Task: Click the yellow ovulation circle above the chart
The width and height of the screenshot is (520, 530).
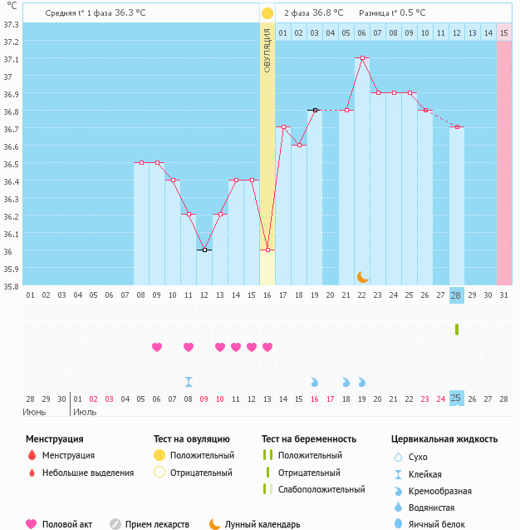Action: pyautogui.click(x=267, y=13)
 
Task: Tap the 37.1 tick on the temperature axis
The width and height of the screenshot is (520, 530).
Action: pyautogui.click(x=12, y=59)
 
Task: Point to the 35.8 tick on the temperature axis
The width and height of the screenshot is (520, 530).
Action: pyautogui.click(x=12, y=286)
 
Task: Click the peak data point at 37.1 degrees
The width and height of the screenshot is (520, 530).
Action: pyautogui.click(x=362, y=58)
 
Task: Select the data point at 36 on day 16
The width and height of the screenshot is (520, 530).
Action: pyautogui.click(x=267, y=250)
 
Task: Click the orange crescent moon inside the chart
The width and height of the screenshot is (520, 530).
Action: pyautogui.click(x=362, y=276)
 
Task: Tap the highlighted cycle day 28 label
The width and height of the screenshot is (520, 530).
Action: pyautogui.click(x=456, y=295)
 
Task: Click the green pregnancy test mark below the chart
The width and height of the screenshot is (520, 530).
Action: pyautogui.click(x=456, y=329)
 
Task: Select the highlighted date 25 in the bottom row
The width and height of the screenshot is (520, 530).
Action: pyautogui.click(x=456, y=399)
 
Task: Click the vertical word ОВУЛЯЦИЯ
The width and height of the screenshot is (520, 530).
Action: pyautogui.click(x=267, y=50)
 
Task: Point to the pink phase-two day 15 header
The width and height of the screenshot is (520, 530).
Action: pyautogui.click(x=503, y=32)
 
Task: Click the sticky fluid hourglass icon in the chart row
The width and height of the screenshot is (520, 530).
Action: pyautogui.click(x=189, y=382)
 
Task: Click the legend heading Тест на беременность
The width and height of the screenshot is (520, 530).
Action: pyautogui.click(x=309, y=438)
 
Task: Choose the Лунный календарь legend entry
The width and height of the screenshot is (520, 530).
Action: pyautogui.click(x=262, y=524)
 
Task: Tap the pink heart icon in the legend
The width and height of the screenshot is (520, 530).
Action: pyautogui.click(x=32, y=524)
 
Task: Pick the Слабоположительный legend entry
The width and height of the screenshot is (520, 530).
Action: pyautogui.click(x=321, y=489)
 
